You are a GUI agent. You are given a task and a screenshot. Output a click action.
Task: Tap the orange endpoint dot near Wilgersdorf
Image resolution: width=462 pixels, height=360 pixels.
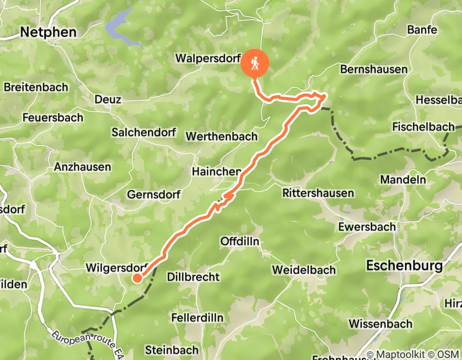coord(137,278)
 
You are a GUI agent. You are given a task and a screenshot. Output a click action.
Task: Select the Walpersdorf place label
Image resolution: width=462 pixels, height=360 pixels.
coord(207,58)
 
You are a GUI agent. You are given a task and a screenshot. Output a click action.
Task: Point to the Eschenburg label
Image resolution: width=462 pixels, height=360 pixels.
coord(404,266)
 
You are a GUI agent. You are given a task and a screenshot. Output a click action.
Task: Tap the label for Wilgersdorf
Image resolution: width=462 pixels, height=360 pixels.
coord(117,267)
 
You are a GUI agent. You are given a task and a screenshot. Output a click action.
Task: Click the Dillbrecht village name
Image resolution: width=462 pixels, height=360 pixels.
coord(193,277)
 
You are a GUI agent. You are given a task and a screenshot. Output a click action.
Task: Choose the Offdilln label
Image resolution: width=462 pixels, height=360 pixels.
coord(239,241)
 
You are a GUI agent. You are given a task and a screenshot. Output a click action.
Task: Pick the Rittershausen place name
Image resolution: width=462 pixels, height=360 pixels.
coord(318,193)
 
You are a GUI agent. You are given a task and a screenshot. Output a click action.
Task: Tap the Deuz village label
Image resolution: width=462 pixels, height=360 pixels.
coord(108,99)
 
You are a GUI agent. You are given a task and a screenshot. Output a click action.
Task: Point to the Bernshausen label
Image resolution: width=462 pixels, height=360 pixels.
coord(374,69)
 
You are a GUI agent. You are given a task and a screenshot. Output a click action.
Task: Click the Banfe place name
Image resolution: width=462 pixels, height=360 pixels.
coord(422,30)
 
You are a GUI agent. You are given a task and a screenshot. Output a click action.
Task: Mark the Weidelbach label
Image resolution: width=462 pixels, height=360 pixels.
coord(304,269)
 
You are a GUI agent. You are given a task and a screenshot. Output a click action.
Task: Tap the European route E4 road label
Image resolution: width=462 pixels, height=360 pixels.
coord(87,344)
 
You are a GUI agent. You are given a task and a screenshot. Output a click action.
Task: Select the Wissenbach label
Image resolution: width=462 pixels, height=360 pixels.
coord(380,323)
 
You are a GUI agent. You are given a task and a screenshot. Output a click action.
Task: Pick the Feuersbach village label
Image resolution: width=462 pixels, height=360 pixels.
coord(52,117)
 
